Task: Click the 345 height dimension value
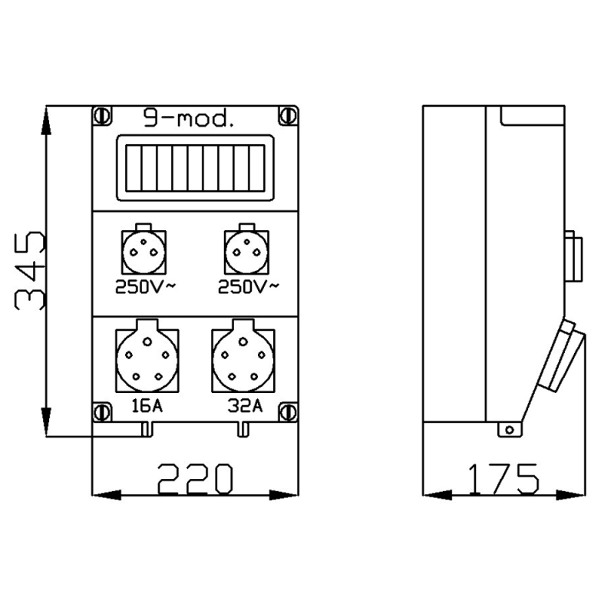(x=29, y=271)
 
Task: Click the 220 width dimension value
(x=195, y=478)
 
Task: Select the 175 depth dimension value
(x=503, y=478)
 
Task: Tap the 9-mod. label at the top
(x=189, y=118)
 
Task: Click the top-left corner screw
(x=102, y=116)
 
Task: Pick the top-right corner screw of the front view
(x=288, y=116)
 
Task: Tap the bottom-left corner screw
(x=102, y=411)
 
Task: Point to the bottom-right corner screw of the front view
(x=288, y=411)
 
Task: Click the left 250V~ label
(x=146, y=287)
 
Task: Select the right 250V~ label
(x=248, y=287)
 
